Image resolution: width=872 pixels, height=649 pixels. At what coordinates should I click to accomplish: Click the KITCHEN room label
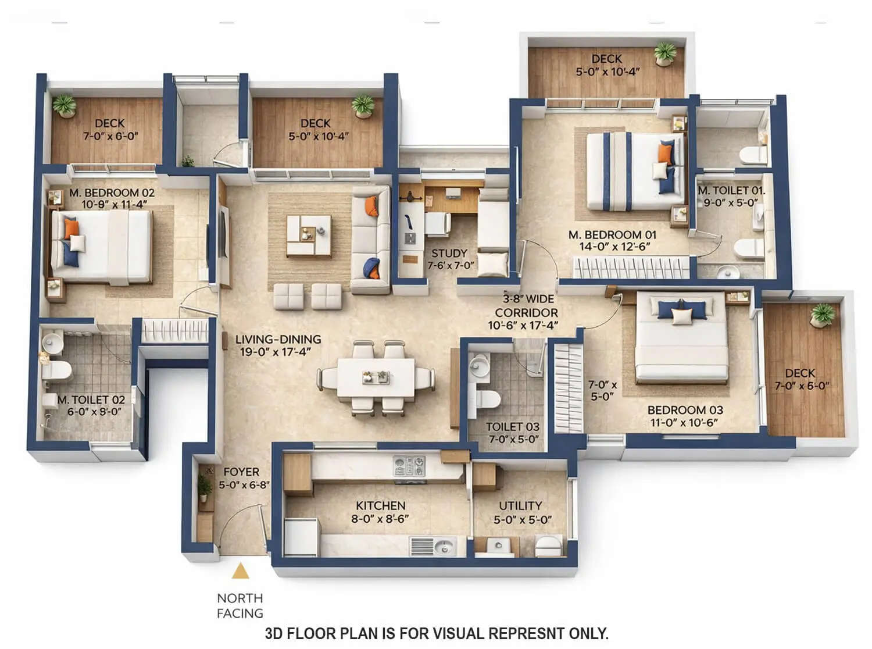(x=380, y=505)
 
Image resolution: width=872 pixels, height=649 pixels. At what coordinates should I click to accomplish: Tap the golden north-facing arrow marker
(x=240, y=572)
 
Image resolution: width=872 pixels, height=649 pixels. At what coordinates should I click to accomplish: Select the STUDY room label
(x=449, y=253)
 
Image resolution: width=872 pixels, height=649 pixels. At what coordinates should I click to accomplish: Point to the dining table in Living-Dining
(x=376, y=378)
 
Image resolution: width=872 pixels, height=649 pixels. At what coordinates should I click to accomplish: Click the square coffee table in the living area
(x=309, y=235)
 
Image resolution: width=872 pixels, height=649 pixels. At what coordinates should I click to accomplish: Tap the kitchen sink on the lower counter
(x=444, y=547)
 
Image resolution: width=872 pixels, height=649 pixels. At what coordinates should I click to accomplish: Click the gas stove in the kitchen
(x=409, y=465)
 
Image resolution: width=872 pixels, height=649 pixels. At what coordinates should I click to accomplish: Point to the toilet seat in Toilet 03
(x=487, y=399)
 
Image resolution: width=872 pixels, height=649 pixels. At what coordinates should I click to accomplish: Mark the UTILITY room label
(x=520, y=505)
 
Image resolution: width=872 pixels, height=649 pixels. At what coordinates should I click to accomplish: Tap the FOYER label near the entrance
(x=241, y=472)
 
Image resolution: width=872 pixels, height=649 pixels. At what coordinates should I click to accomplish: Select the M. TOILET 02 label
(x=91, y=400)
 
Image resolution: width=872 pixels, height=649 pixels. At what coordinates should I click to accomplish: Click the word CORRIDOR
(x=526, y=312)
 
